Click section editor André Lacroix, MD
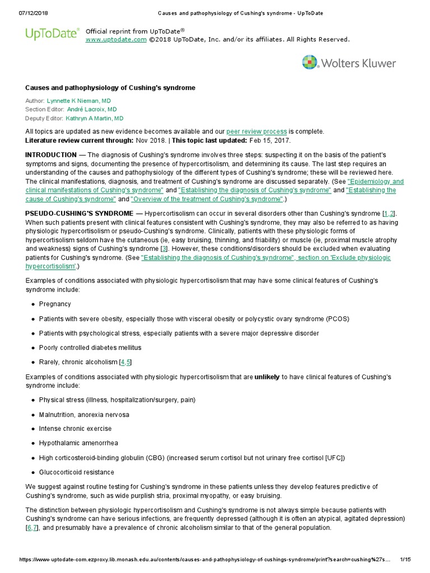(92, 110)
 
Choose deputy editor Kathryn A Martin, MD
(95, 119)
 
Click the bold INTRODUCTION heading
(51, 154)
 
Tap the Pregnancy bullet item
(55, 304)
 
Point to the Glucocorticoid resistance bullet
(76, 472)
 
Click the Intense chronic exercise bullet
(75, 429)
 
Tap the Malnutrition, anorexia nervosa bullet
(84, 415)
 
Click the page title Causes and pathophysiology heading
(110, 88)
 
